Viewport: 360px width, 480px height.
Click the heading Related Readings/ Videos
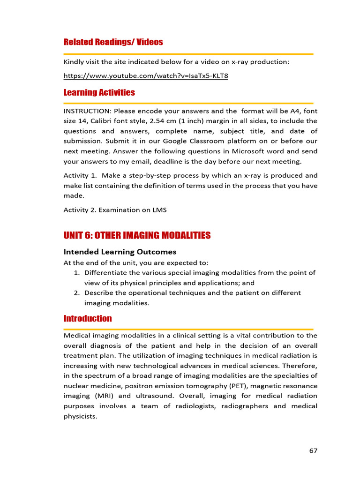click(113, 42)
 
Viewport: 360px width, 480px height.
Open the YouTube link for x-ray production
click(146, 75)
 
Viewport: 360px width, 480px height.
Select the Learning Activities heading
click(99, 92)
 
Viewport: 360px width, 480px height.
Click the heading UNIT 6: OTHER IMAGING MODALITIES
click(137, 235)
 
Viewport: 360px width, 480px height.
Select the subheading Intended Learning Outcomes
click(120, 252)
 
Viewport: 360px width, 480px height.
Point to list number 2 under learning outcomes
click(77, 293)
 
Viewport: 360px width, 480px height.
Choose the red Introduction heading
click(88, 319)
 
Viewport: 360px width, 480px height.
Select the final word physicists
click(80, 415)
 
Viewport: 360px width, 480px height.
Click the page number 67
click(313, 451)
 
